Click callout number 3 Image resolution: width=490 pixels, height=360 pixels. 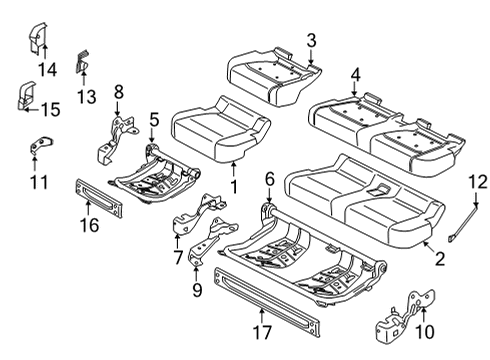311,40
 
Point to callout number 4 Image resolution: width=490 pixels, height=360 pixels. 356,74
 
